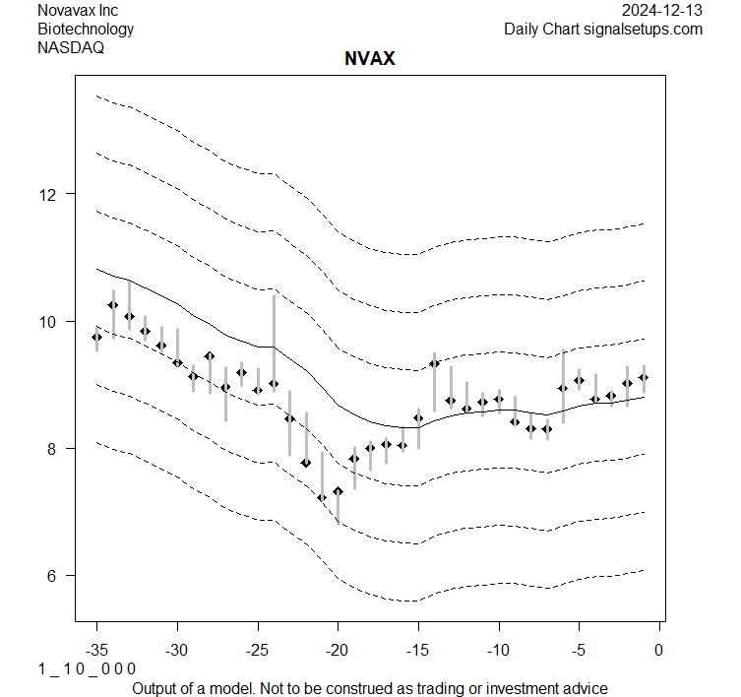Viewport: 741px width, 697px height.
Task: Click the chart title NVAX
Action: (x=370, y=59)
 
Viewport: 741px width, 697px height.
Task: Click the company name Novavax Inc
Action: (x=78, y=10)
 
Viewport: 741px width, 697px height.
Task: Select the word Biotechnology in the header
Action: (x=86, y=29)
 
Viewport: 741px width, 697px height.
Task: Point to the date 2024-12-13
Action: (x=663, y=10)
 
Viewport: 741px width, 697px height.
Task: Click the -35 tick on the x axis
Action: (x=96, y=650)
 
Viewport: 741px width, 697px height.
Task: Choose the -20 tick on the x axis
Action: (x=338, y=650)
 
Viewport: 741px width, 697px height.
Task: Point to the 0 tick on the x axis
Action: (x=659, y=650)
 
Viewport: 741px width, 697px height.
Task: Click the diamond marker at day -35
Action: (x=96, y=337)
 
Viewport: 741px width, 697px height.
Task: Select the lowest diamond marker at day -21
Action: (x=322, y=497)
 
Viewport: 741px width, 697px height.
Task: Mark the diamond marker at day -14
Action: (x=434, y=363)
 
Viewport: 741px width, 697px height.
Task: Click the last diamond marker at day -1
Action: (x=644, y=377)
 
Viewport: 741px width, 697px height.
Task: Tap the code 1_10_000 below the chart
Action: (x=87, y=668)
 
